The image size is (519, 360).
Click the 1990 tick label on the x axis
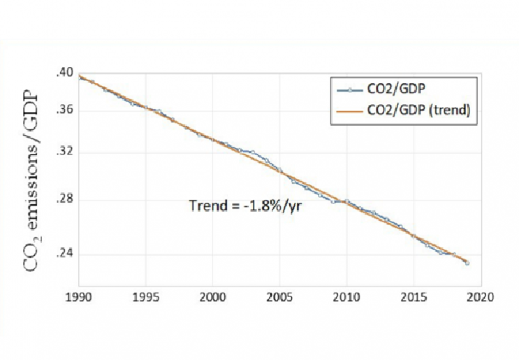[x=78, y=297]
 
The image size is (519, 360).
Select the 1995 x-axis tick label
[x=145, y=297]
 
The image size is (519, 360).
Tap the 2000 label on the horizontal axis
[x=212, y=297]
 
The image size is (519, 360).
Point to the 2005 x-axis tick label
[x=279, y=297]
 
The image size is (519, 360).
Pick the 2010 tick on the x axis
[x=346, y=297]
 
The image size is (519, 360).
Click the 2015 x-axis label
[x=414, y=297]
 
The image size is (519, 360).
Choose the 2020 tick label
[x=480, y=297]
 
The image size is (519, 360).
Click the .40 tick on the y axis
[x=64, y=73]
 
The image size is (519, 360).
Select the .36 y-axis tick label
[x=64, y=110]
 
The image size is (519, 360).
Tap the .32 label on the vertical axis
[x=64, y=152]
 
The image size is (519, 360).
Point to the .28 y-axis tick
[x=64, y=200]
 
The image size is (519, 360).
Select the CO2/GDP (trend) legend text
[x=418, y=110]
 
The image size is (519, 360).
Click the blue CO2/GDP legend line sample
[x=349, y=90]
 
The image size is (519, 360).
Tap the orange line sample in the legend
[x=349, y=112]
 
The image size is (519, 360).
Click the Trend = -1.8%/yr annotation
[x=245, y=206]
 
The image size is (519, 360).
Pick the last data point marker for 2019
[x=467, y=264]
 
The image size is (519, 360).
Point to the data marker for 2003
[x=253, y=152]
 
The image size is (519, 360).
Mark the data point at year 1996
[x=159, y=111]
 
